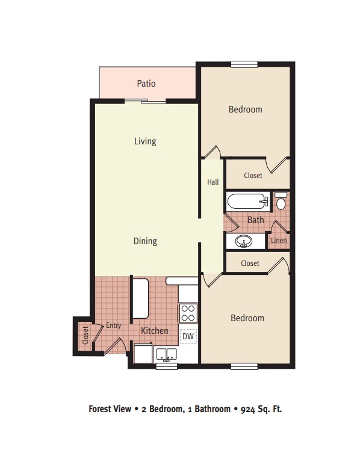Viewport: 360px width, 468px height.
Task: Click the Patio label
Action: click(x=146, y=83)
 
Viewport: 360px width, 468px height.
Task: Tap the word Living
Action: click(x=145, y=141)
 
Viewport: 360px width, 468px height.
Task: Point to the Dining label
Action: click(x=145, y=241)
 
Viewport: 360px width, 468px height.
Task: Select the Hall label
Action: click(x=213, y=182)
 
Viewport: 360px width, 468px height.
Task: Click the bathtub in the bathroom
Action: click(x=247, y=201)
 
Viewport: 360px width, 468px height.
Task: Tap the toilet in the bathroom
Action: click(x=281, y=201)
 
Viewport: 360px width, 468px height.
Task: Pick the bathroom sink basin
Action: click(x=243, y=241)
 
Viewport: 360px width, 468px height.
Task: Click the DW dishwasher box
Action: click(x=188, y=336)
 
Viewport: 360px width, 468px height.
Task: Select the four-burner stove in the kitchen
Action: click(x=188, y=313)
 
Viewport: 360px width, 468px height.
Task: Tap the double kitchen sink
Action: click(x=166, y=354)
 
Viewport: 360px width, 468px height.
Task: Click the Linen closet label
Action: click(x=279, y=240)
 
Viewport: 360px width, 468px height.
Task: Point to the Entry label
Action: click(x=114, y=325)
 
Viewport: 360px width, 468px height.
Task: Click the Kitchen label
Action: click(x=155, y=331)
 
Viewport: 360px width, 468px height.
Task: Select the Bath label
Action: click(x=256, y=220)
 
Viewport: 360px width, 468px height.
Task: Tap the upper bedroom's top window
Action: click(x=244, y=64)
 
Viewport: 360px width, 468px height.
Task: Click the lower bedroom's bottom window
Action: click(x=244, y=366)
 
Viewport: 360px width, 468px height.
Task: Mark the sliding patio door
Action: click(x=145, y=101)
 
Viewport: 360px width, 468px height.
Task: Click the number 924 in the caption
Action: click(x=248, y=409)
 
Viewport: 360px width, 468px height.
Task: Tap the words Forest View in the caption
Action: click(x=110, y=408)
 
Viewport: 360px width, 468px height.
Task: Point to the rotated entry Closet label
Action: click(x=85, y=335)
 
